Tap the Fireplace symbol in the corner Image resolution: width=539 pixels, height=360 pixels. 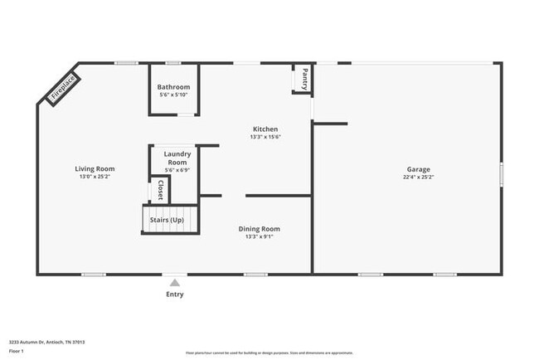(63, 89)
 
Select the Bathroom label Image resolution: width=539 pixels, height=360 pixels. (174, 87)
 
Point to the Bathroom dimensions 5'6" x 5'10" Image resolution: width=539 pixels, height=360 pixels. (174, 95)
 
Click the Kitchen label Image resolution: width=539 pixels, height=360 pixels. (265, 129)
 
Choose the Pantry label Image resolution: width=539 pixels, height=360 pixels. (304, 79)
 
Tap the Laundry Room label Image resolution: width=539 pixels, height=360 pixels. (177, 158)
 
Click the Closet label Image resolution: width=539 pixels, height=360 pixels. (160, 190)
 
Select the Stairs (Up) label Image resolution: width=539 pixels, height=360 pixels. (166, 220)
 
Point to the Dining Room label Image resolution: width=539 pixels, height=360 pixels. (259, 229)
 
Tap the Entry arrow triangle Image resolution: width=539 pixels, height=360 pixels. (174, 282)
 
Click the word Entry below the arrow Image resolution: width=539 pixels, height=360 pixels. (174, 294)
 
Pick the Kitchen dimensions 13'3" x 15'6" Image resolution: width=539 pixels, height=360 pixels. (265, 137)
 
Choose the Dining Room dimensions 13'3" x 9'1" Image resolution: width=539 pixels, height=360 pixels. (259, 236)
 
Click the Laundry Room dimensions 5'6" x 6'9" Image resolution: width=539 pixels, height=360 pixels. (177, 170)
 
